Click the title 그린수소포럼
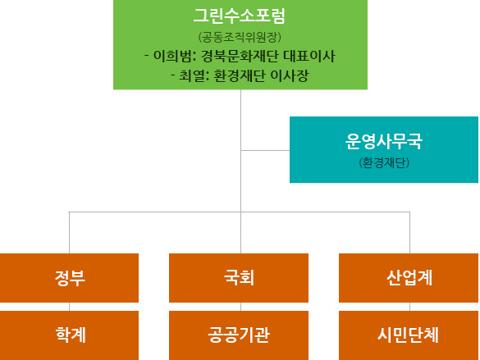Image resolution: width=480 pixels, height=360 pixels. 240,16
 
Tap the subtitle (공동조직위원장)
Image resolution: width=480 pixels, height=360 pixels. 240,38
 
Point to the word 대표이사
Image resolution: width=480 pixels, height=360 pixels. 309,57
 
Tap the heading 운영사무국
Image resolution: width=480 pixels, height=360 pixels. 384,141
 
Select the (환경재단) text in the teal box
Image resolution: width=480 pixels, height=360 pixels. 384,162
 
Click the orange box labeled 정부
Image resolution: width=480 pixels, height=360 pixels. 69,278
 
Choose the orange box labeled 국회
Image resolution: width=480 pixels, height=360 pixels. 239,278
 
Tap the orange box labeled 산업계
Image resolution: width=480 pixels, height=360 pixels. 409,278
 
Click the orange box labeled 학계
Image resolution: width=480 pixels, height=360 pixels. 69,335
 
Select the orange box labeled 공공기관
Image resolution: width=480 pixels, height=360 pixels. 239,335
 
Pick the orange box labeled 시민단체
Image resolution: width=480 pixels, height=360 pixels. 409,335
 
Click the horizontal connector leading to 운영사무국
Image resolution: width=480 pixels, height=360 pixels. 265,151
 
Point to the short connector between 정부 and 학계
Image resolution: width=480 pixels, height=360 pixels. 69,307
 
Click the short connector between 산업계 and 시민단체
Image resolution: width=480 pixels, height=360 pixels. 410,307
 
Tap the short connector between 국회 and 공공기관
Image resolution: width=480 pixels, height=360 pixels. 241,307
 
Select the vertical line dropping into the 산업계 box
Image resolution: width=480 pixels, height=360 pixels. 410,232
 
